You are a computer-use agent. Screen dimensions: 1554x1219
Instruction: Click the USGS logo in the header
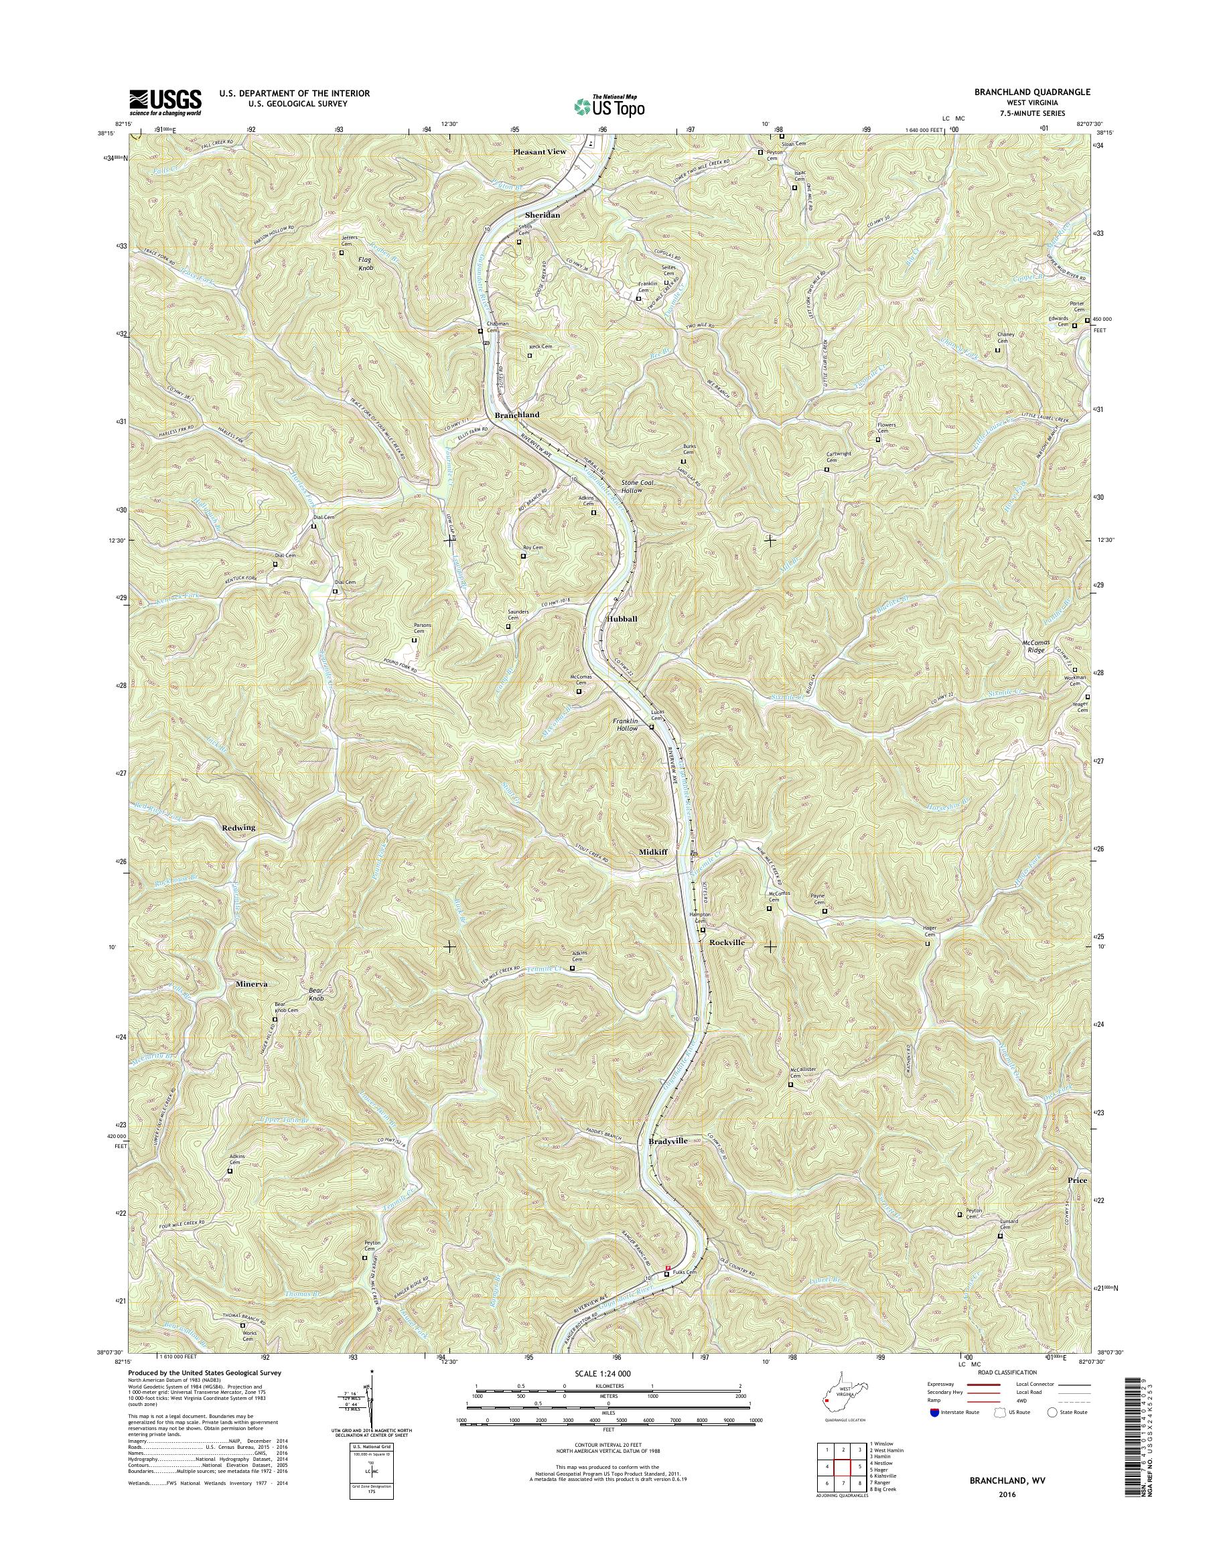coord(165,102)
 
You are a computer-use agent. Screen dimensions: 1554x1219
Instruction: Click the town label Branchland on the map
coord(518,415)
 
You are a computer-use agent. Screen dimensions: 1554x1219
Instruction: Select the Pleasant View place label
coord(539,152)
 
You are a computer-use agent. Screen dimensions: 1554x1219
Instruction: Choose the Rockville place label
coord(727,942)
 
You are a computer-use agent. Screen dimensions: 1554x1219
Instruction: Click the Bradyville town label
coord(668,1161)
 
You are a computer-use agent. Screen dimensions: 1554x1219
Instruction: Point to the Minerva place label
coord(251,984)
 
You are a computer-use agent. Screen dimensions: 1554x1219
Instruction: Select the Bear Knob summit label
coord(315,995)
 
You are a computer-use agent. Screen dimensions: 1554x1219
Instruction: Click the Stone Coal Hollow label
coord(638,487)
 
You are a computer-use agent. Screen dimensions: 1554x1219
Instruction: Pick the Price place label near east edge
coord(1077,1181)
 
